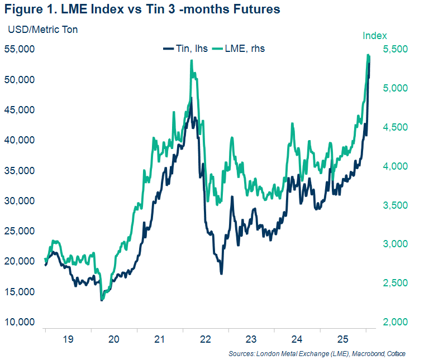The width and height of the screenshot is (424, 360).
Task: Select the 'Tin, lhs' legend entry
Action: [x=185, y=49]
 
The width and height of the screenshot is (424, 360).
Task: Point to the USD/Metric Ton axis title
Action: [x=42, y=30]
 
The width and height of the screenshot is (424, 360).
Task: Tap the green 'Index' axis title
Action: [x=375, y=36]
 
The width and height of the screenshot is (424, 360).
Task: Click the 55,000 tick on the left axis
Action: [x=20, y=49]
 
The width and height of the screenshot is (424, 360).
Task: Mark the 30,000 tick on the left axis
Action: [x=20, y=201]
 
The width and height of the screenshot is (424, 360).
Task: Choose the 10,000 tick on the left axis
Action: [x=20, y=323]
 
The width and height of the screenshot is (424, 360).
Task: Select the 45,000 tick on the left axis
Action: [x=20, y=110]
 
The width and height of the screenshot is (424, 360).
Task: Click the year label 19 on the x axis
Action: [x=68, y=339]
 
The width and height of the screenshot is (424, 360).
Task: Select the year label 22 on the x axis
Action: [x=205, y=339]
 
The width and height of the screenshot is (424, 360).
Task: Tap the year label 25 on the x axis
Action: [x=343, y=339]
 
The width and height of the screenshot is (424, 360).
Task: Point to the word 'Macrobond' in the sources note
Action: [x=366, y=354]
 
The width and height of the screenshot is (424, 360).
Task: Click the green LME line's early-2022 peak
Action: [x=192, y=61]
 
